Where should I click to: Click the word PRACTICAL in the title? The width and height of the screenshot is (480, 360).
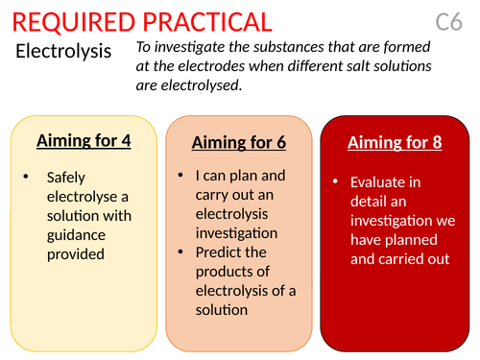click(x=204, y=21)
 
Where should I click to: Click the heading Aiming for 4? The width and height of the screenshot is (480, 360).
click(x=84, y=141)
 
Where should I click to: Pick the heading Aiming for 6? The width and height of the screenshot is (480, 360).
click(x=239, y=143)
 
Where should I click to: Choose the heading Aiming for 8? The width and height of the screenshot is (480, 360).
click(x=395, y=143)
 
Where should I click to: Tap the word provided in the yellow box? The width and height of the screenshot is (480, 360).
click(x=76, y=254)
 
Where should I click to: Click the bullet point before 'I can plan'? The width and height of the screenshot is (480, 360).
click(x=182, y=177)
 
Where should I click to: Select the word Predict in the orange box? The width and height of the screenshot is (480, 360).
click(x=218, y=252)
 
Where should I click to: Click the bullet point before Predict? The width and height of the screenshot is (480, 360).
click(x=182, y=252)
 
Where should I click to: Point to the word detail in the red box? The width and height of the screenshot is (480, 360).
click(x=372, y=202)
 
